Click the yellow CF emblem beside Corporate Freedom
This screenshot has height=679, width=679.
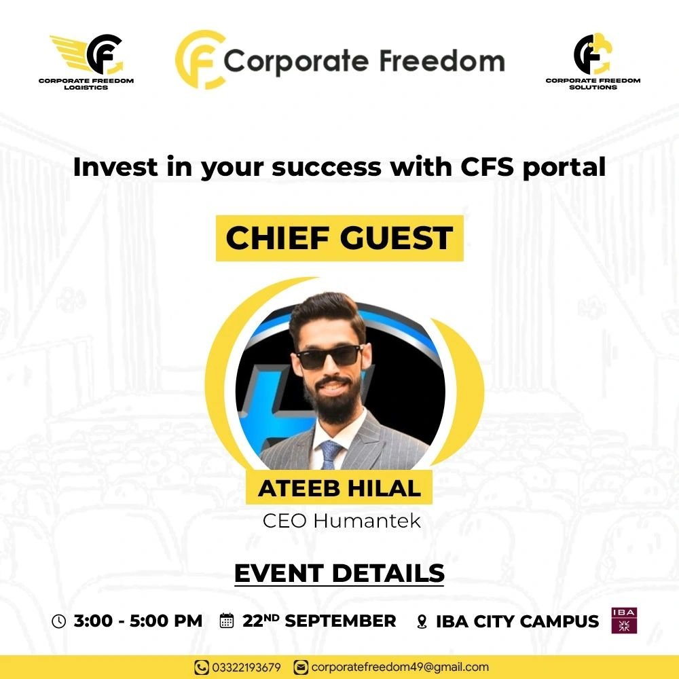[200, 60]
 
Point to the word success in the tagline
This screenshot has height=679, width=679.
[327, 167]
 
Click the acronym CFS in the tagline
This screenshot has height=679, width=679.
[487, 167]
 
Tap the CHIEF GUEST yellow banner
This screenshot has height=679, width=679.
[339, 238]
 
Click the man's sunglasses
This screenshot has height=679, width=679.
[330, 357]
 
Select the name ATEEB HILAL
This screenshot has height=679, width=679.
[339, 488]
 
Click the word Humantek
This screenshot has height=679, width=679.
[367, 521]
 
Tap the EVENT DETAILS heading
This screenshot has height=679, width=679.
[339, 573]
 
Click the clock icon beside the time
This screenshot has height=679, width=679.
[59, 621]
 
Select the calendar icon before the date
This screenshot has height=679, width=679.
[227, 621]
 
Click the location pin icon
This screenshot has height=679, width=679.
[422, 622]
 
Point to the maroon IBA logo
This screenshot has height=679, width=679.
[624, 621]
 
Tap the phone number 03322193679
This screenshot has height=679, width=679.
[246, 667]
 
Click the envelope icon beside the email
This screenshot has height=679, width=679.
[301, 667]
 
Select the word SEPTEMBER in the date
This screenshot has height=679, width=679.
[340, 621]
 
